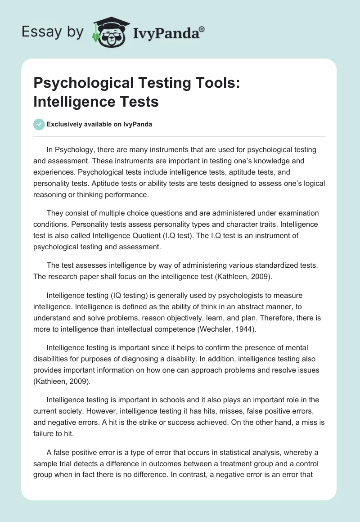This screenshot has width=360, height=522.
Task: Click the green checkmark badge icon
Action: (39, 124)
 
